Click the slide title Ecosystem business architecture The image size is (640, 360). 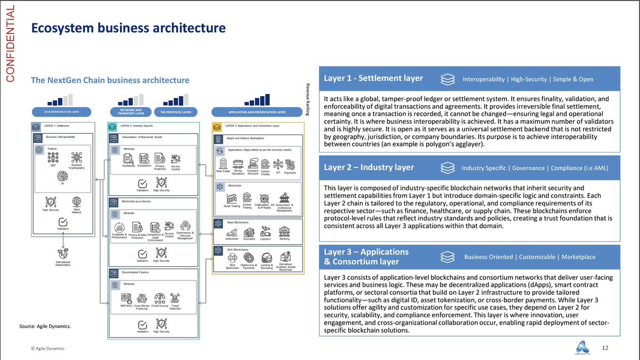(x=128, y=27)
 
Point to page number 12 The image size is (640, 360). (x=605, y=348)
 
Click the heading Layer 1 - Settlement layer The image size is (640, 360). (x=373, y=78)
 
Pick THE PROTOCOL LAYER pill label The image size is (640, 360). (x=177, y=113)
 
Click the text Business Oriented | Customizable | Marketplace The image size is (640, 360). (x=530, y=257)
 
